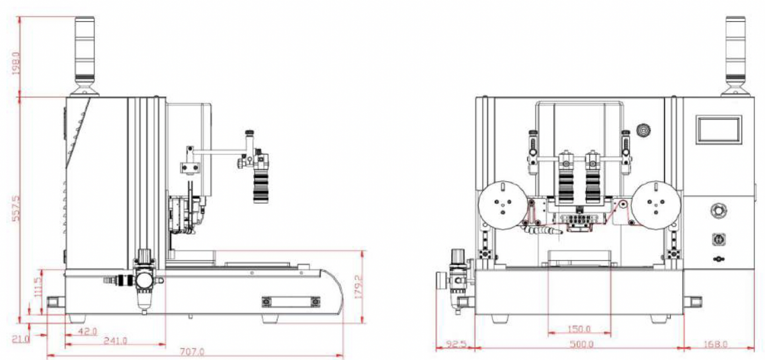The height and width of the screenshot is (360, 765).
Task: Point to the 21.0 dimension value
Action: [22, 340]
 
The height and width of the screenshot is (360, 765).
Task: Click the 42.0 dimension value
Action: [87, 330]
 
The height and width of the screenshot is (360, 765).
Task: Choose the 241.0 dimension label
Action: [114, 341]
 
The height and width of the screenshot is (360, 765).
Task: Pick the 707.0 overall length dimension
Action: [192, 351]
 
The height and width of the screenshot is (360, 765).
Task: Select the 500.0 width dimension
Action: [581, 344]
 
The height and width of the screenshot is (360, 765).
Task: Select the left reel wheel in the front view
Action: [503, 204]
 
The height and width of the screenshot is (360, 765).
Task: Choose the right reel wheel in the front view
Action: [654, 204]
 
